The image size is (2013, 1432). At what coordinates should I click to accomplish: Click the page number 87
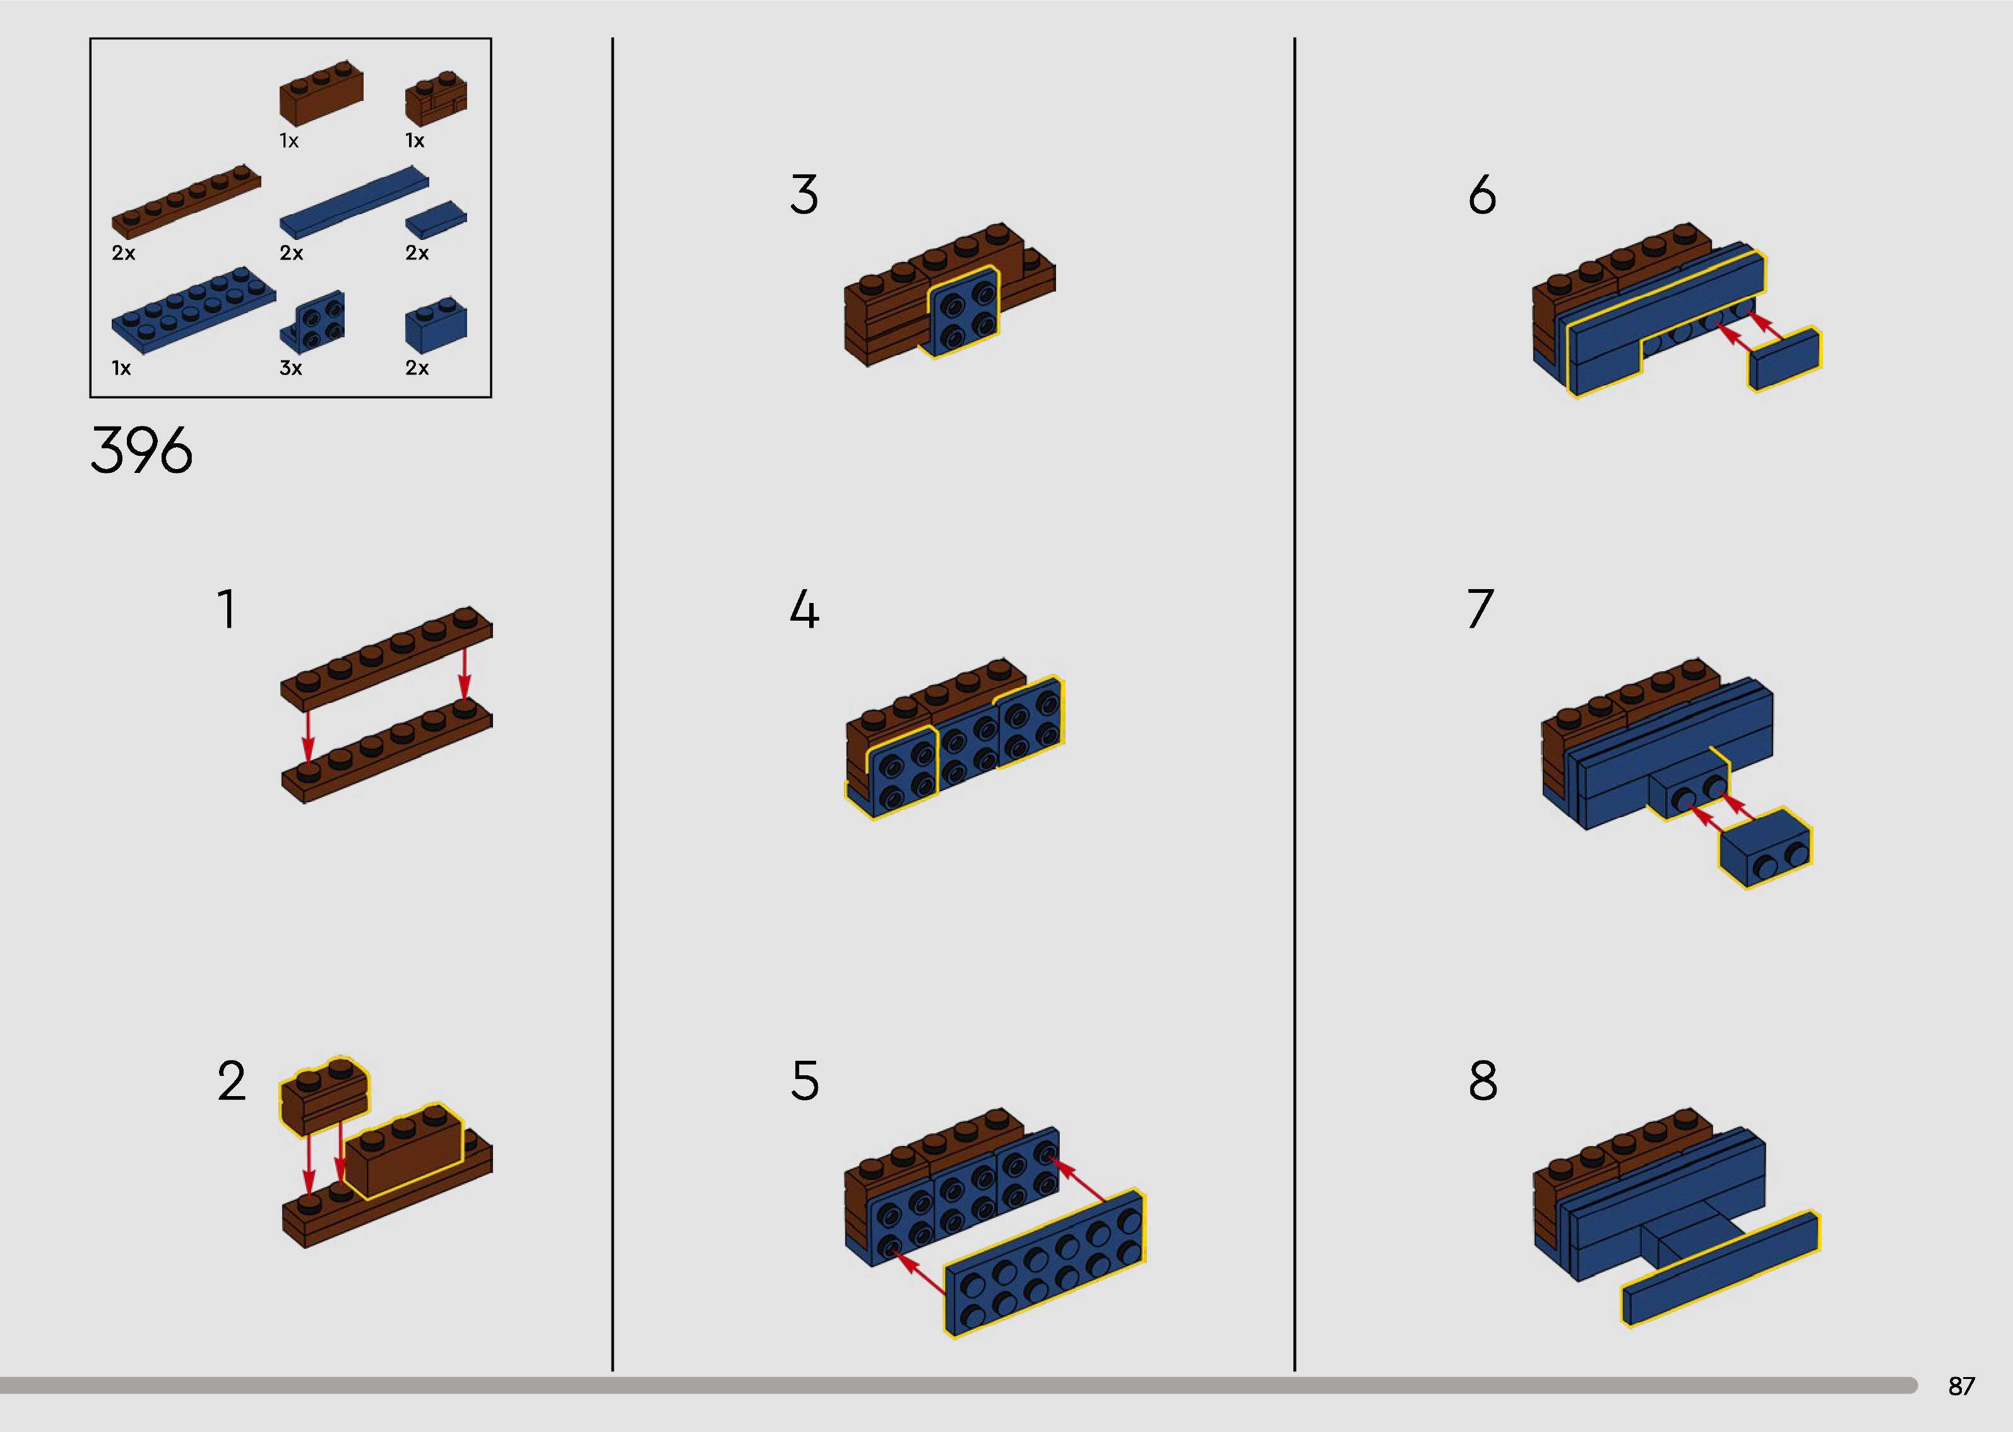[x=1961, y=1386]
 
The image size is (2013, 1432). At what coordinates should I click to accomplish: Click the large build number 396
[x=141, y=451]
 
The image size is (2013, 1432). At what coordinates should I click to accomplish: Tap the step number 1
[x=227, y=609]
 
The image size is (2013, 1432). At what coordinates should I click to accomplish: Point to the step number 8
[x=1482, y=1081]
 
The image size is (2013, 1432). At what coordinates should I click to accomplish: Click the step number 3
[x=804, y=195]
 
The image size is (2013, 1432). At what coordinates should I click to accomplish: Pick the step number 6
[x=1482, y=195]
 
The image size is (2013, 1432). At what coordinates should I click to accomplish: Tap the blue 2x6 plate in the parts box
[x=192, y=309]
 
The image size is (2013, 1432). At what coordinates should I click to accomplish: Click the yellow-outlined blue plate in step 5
[x=1045, y=1261]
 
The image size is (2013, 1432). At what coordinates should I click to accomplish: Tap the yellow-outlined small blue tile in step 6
[x=1784, y=359]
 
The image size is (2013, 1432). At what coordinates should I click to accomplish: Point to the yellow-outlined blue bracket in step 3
[x=963, y=311]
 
